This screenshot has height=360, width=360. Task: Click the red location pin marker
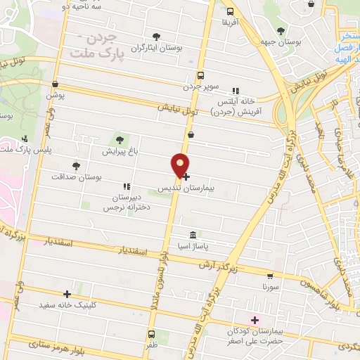tap(181, 165)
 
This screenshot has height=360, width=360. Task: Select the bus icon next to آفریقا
tap(230, 11)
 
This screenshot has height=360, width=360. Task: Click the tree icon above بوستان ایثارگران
tap(155, 37)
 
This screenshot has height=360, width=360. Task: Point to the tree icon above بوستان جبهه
tap(281, 31)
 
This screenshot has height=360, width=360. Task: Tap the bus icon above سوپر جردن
tap(200, 75)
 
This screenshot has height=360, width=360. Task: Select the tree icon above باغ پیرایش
tap(119, 139)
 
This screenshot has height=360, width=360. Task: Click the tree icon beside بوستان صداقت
tap(76, 166)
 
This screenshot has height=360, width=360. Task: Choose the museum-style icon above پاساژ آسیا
tap(192, 234)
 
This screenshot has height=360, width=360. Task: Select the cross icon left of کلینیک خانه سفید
tap(67, 294)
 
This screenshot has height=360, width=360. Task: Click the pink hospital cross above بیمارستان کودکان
tap(255, 320)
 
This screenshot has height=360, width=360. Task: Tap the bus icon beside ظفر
tap(151, 335)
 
